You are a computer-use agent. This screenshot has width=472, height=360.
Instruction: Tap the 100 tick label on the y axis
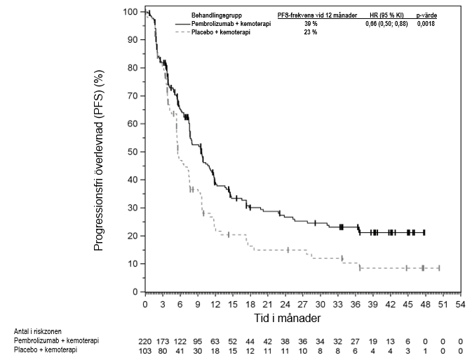pos(129,12)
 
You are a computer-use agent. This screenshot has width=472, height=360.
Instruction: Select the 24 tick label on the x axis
pos(285,305)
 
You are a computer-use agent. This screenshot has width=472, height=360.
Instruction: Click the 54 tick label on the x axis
pos(460,305)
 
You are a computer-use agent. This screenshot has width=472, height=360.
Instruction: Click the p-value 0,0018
pos(426,24)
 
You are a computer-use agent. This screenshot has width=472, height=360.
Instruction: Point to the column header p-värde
pos(426,15)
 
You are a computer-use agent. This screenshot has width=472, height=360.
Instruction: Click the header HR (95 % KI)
pos(385,15)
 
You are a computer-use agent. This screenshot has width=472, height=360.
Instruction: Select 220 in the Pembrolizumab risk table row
pos(144,341)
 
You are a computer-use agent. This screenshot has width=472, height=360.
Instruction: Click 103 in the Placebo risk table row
pos(144,349)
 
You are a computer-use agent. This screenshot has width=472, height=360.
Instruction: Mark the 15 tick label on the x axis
pos(232,305)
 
